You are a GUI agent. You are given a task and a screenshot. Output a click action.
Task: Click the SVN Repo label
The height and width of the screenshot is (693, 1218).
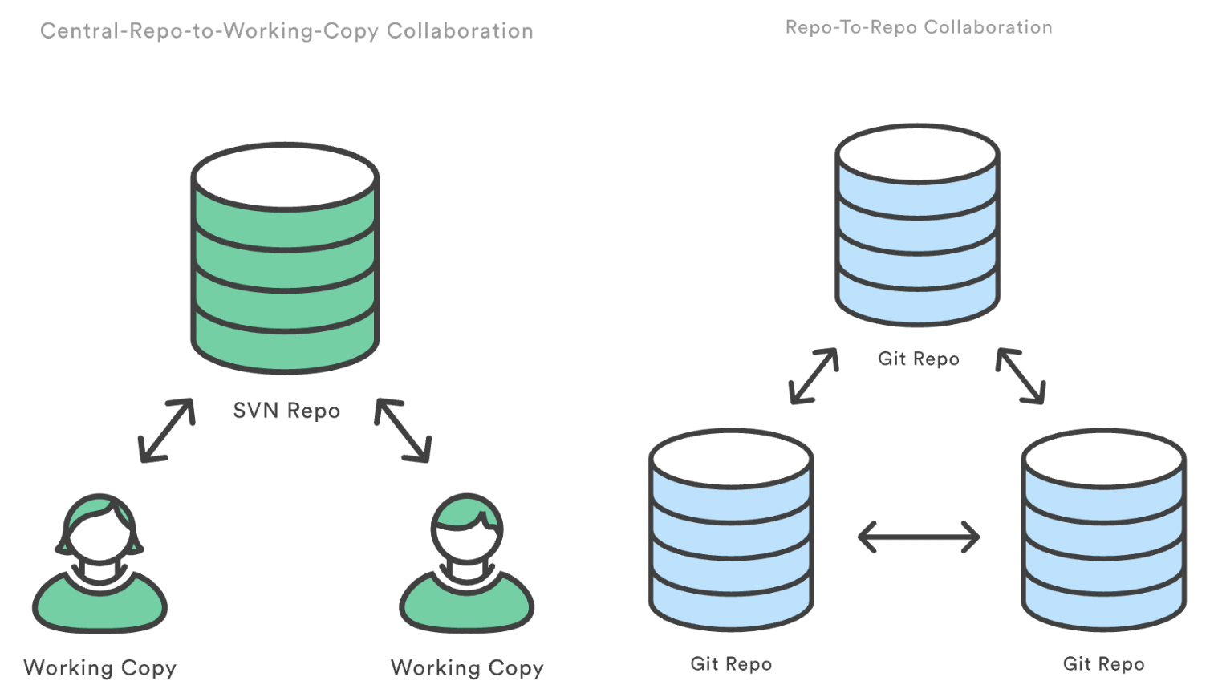[286, 411]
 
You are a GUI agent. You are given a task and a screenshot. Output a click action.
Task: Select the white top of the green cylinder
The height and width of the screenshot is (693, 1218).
[285, 176]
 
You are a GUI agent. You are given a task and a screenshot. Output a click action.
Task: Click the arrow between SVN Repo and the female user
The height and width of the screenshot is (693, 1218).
[166, 431]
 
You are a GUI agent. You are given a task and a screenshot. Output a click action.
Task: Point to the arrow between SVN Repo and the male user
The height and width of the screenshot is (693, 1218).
[403, 431]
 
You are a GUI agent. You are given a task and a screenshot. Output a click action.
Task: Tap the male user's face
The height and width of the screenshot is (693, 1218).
[467, 539]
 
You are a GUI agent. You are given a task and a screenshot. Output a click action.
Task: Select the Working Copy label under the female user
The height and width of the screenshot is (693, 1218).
[100, 668]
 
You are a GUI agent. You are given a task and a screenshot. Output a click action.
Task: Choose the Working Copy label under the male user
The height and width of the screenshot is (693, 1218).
[467, 668]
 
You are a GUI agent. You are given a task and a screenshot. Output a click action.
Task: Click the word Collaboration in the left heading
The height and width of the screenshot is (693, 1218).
[460, 31]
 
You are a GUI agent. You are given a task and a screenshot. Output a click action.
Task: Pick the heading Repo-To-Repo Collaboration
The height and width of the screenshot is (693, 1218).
[919, 28]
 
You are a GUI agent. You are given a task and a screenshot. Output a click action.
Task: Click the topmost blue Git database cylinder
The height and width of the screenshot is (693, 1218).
[917, 225]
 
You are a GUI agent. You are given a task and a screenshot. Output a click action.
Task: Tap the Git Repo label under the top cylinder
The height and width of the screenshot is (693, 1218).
[919, 359]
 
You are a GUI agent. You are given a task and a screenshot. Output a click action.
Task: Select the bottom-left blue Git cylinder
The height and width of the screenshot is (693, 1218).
[731, 530]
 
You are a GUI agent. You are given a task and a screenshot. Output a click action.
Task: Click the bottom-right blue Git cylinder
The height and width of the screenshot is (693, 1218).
[1104, 530]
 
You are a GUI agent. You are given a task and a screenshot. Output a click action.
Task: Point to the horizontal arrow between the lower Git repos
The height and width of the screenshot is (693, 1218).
[919, 537]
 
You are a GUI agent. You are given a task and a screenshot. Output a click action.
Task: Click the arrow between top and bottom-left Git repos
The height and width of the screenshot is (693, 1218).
[814, 376]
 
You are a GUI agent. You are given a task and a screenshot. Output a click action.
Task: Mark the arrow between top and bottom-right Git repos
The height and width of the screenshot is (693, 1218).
[1021, 376]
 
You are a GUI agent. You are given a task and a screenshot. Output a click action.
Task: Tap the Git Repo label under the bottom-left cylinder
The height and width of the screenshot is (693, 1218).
[731, 664]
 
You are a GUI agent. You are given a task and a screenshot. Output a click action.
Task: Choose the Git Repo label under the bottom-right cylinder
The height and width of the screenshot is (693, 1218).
[1104, 664]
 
